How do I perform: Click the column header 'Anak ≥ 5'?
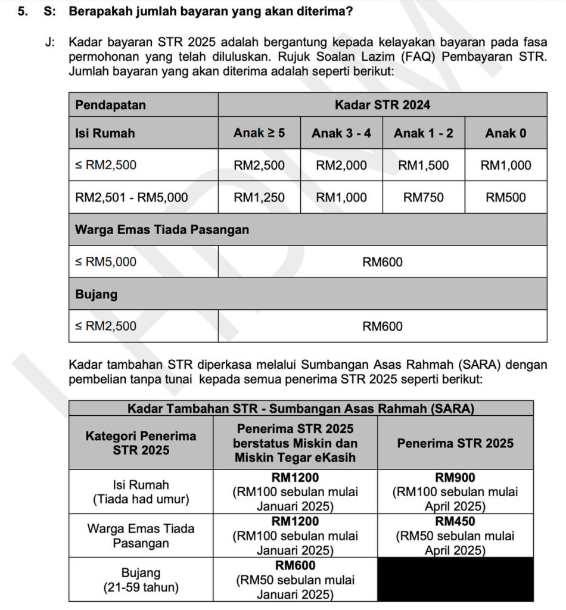[x=259, y=133]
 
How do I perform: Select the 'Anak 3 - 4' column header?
[x=341, y=133]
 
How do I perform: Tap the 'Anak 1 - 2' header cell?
[x=424, y=133]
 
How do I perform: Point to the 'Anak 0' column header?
[x=506, y=133]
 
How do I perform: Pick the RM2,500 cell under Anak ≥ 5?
[x=259, y=165]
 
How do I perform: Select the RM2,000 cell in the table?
[x=341, y=165]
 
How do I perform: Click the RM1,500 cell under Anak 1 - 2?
[x=424, y=165]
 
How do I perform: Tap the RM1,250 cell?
[x=259, y=197]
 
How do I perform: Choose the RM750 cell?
[x=424, y=197]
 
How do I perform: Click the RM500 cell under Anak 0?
[x=506, y=197]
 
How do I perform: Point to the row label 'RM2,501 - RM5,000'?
[x=132, y=197]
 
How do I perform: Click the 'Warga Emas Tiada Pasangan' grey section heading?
[x=162, y=229]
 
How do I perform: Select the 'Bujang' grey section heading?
[x=97, y=294]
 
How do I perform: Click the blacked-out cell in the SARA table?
[x=455, y=579]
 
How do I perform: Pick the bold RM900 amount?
[x=455, y=478]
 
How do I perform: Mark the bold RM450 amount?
[x=455, y=521]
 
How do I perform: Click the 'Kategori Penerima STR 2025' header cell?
[x=141, y=443]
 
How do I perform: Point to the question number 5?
[x=22, y=11]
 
